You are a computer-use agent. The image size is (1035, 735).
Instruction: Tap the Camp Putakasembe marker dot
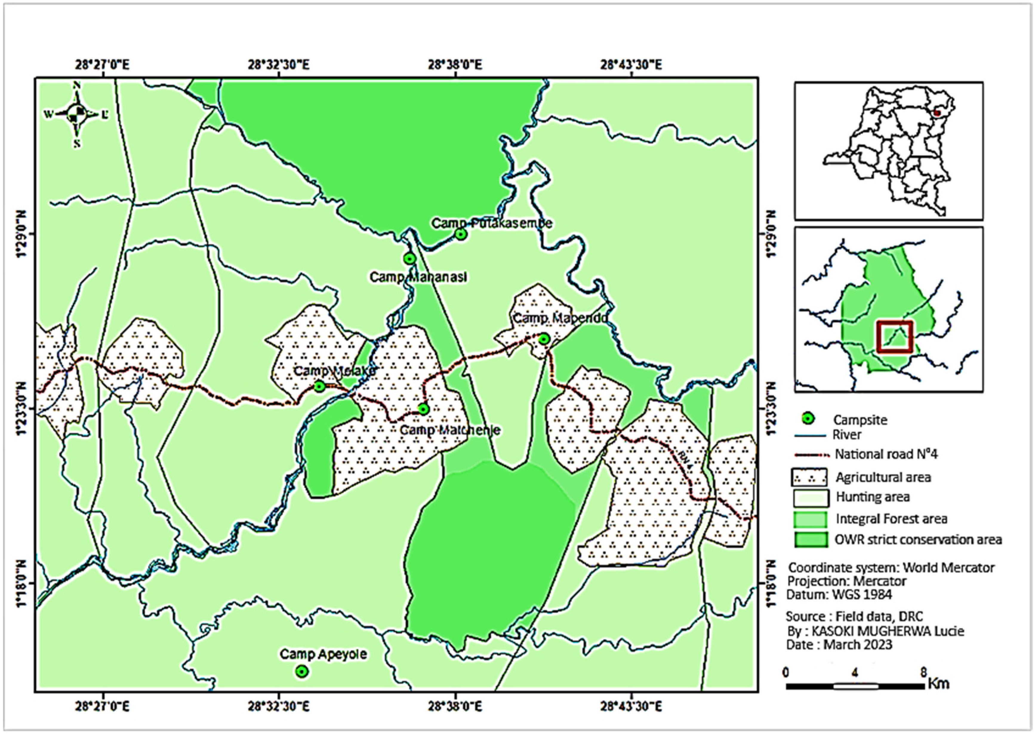(x=460, y=234)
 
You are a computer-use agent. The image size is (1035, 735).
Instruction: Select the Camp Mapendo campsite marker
(x=544, y=339)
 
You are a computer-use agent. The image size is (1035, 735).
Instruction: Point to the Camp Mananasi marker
(x=409, y=259)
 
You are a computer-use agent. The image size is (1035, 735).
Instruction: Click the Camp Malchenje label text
(x=450, y=430)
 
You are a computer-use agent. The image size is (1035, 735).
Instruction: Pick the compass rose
(x=77, y=114)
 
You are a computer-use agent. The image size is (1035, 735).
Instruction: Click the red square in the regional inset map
(x=894, y=336)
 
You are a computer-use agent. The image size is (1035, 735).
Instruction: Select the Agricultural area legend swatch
(x=809, y=477)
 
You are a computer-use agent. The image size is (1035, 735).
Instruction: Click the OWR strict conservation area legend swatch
(x=809, y=539)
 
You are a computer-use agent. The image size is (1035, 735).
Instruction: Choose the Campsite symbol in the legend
(x=808, y=419)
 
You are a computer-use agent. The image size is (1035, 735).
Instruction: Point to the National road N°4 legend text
(x=886, y=454)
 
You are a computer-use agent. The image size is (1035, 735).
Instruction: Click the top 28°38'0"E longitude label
(x=455, y=65)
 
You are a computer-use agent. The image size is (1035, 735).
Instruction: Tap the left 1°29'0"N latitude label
(x=22, y=235)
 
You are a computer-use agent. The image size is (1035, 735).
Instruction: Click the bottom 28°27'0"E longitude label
(x=104, y=706)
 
